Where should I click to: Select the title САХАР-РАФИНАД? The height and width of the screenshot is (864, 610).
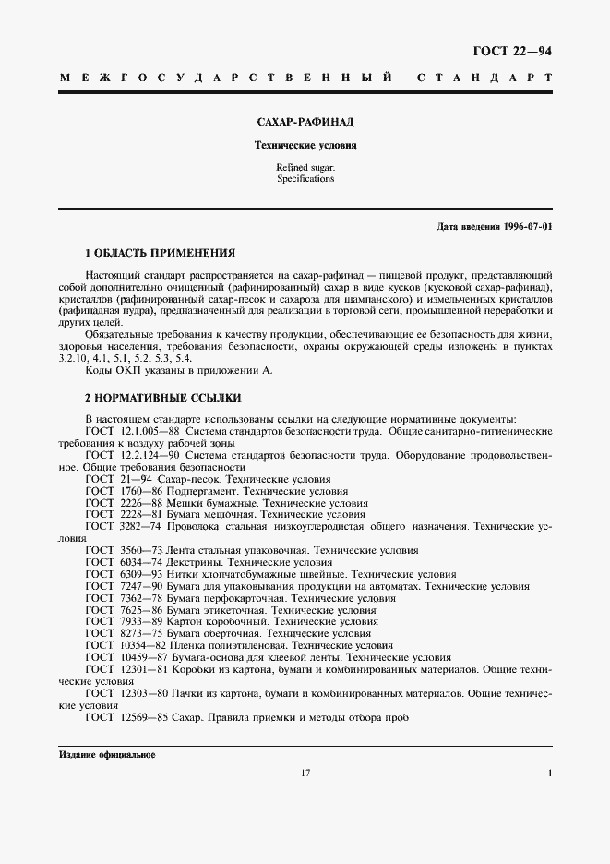pos(305,121)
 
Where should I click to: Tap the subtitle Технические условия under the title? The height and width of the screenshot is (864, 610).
pos(305,145)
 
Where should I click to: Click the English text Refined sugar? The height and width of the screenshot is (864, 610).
pos(305,167)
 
